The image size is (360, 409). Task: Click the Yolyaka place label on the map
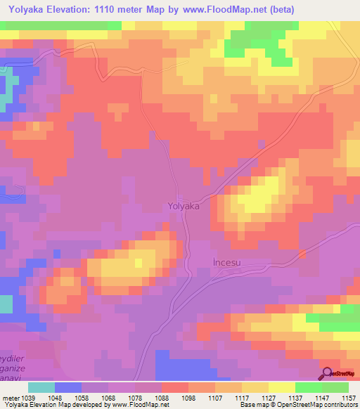tap(184, 207)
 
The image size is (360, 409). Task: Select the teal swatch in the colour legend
tap(41, 387)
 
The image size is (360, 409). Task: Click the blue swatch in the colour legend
tap(68, 387)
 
